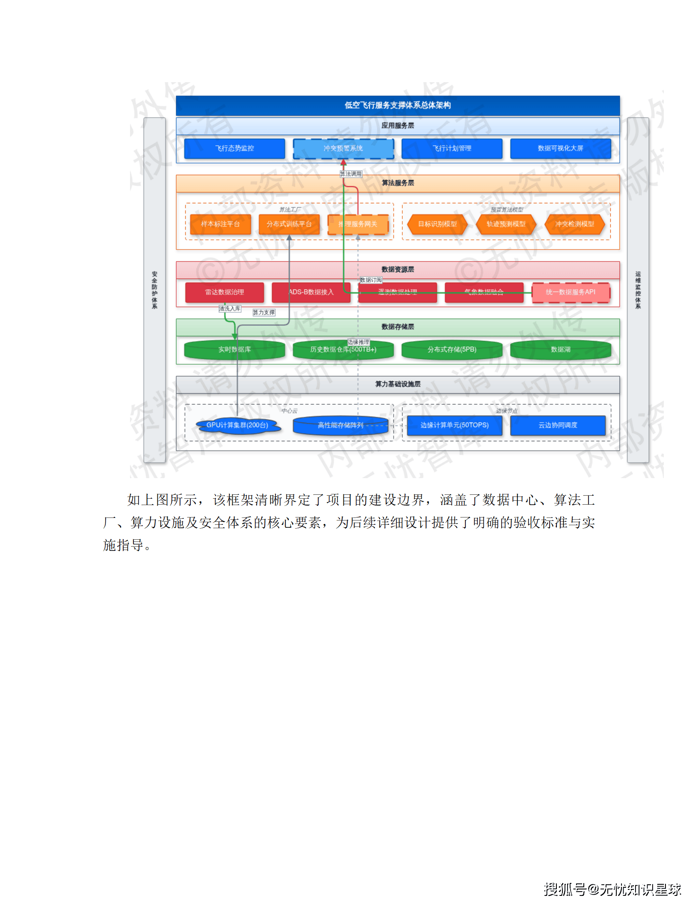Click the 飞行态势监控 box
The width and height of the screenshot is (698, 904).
234,149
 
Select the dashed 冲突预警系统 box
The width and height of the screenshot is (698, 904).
343,149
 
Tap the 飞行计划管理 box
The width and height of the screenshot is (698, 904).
452,149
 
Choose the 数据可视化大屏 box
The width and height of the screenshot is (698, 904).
560,149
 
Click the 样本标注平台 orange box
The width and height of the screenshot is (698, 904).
220,224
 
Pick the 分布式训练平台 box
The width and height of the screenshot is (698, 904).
289,224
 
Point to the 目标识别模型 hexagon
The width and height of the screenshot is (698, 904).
437,224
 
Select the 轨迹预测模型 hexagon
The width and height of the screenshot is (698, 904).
506,224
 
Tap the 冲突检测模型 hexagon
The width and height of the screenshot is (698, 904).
574,224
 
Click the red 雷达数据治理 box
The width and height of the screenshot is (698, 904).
224,292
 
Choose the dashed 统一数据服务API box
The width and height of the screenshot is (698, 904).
571,292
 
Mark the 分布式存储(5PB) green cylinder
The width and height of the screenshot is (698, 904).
452,350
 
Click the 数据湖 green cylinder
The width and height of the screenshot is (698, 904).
560,350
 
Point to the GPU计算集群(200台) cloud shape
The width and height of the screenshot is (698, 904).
237,425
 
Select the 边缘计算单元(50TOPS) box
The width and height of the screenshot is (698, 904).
454,425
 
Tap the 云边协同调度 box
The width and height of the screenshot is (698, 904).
558,425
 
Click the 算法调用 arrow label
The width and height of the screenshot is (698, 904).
351,174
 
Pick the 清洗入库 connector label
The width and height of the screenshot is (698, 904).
230,309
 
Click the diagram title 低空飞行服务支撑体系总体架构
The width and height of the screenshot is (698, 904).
398,105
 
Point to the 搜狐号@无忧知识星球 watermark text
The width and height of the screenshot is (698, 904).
612,889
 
